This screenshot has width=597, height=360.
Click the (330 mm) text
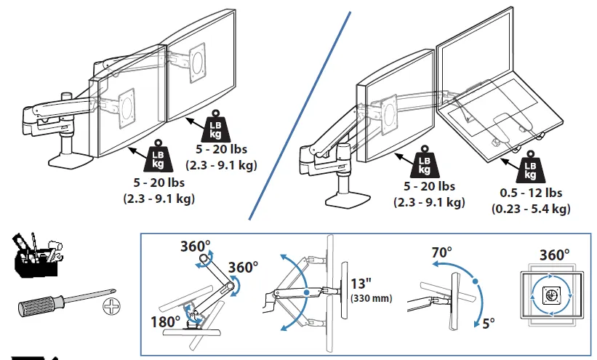click(371, 298)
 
